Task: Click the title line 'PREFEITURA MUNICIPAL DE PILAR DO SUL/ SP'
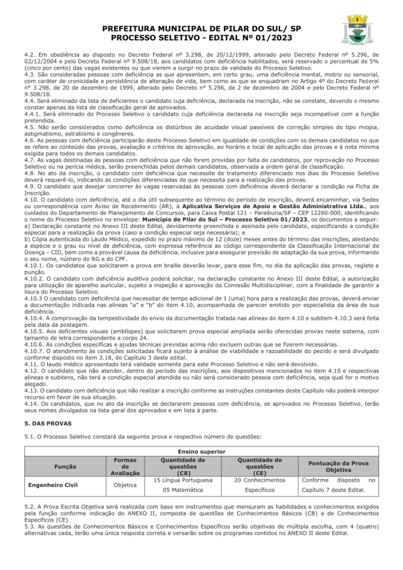(x=202, y=28)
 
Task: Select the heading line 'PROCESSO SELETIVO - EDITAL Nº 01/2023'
(x=202, y=37)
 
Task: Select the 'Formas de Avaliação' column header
(x=125, y=466)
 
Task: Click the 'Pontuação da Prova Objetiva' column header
(x=338, y=466)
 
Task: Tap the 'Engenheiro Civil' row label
(x=53, y=484)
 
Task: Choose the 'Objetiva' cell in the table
(x=125, y=484)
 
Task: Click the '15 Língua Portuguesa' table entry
(x=183, y=479)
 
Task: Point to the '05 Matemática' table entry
(x=183, y=490)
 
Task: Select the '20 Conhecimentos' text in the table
(x=259, y=479)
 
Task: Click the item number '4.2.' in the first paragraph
(x=30, y=55)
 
